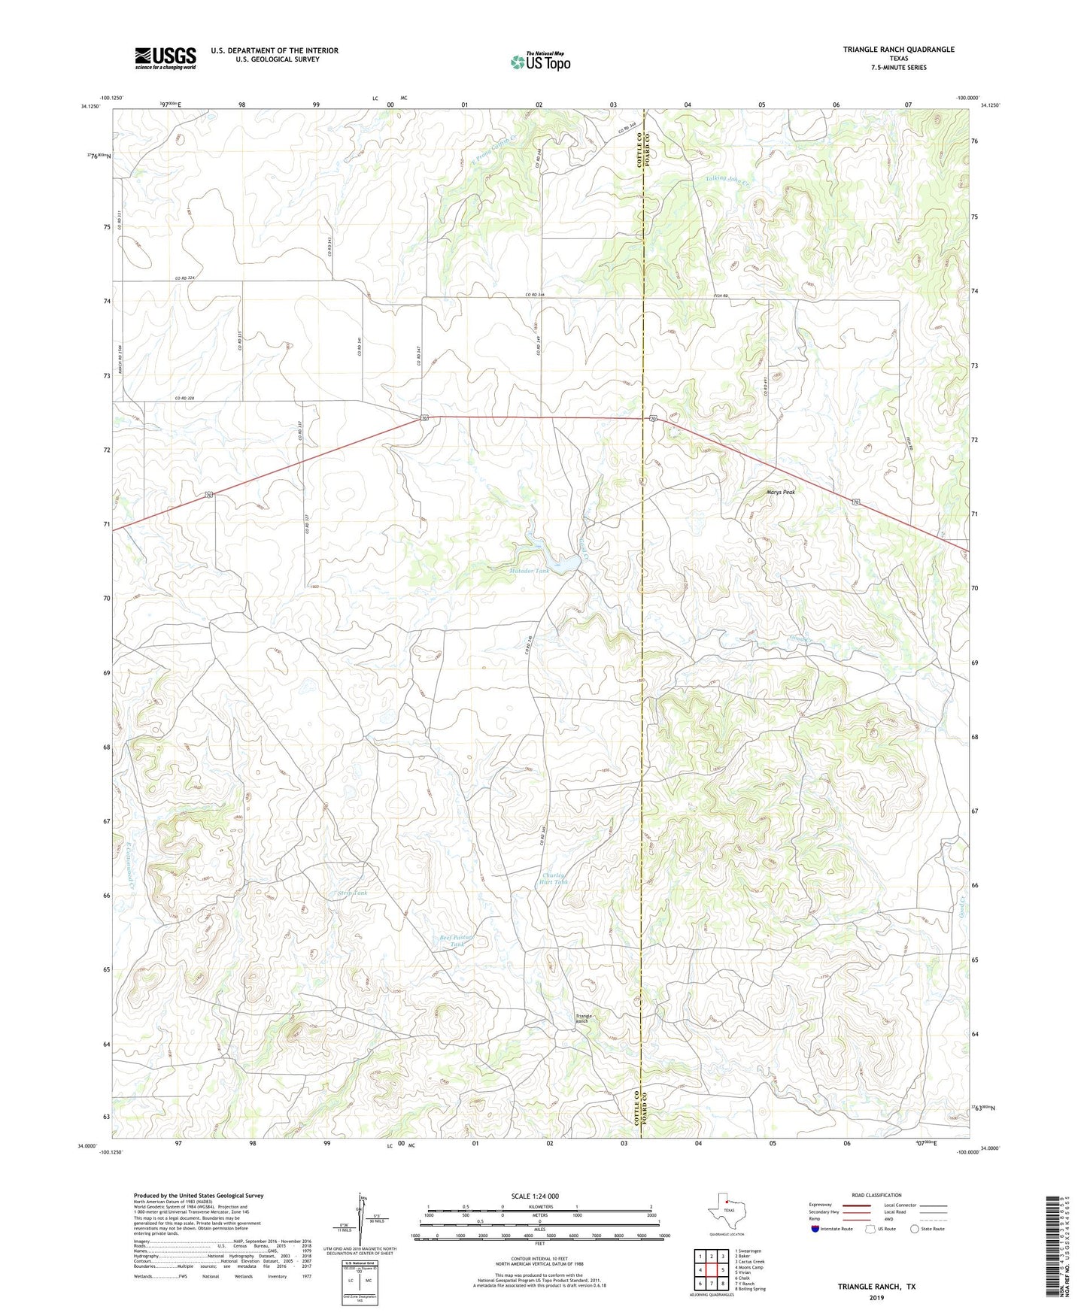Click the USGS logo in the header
(x=165, y=58)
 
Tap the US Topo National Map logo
(x=540, y=62)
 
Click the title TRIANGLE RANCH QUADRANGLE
(x=898, y=50)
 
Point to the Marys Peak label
(x=780, y=492)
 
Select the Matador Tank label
(x=529, y=572)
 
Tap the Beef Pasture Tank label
(x=458, y=941)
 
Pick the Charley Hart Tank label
(x=555, y=878)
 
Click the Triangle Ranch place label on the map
(x=584, y=1018)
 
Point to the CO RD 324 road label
(x=184, y=278)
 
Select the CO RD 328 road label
(x=184, y=399)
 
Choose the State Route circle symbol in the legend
(x=915, y=1229)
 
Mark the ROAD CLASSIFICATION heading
(x=876, y=1195)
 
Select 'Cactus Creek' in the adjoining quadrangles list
(x=750, y=1262)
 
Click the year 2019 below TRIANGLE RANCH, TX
(x=876, y=1297)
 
